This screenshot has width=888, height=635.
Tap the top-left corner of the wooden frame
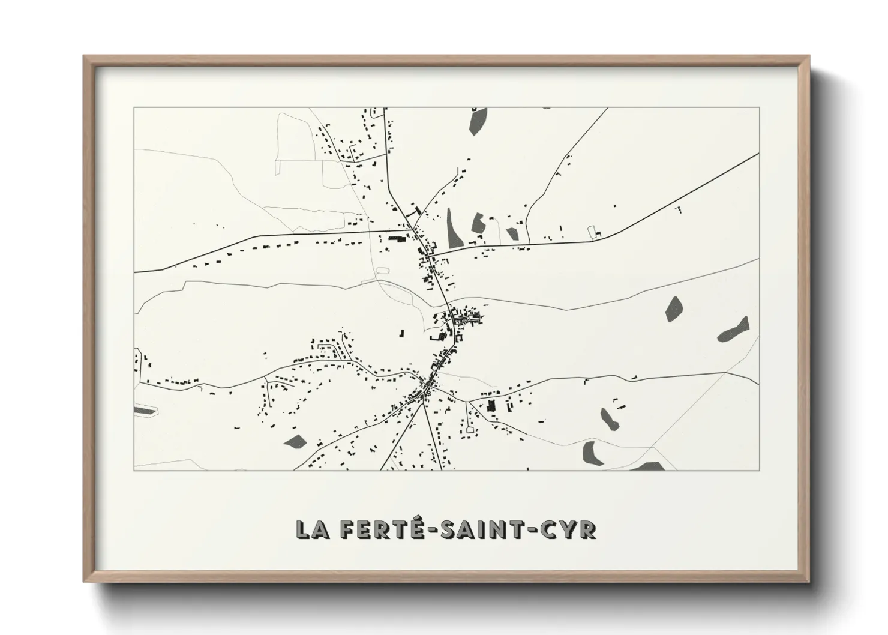pyautogui.click(x=84, y=56)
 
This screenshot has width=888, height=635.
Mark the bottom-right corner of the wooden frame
pyautogui.click(x=809, y=582)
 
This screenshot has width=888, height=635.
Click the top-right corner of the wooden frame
pyautogui.click(x=809, y=56)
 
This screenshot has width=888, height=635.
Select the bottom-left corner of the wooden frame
pyautogui.click(x=84, y=582)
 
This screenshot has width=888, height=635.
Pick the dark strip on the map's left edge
pyautogui.click(x=145, y=411)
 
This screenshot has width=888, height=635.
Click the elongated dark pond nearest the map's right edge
pyautogui.click(x=734, y=329)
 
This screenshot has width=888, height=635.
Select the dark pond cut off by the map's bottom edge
pyautogui.click(x=648, y=466)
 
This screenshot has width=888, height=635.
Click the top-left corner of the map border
pyautogui.click(x=134, y=108)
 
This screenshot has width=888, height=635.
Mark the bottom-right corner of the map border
pyautogui.click(x=760, y=470)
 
